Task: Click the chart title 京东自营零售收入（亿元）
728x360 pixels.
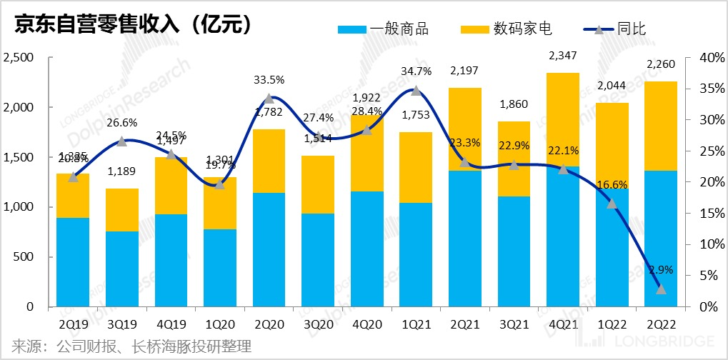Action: (129, 24)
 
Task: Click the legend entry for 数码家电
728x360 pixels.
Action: (506, 29)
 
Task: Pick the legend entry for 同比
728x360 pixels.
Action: (615, 29)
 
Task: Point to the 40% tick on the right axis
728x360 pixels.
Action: (706, 57)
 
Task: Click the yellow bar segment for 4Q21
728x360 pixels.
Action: (563, 119)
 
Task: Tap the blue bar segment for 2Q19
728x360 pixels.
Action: (73, 262)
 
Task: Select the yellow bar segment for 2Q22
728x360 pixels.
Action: (662, 126)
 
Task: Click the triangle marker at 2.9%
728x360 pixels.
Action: (662, 289)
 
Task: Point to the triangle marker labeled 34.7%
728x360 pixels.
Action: (416, 91)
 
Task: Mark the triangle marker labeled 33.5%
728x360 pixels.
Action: (269, 99)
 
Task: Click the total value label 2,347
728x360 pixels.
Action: (563, 55)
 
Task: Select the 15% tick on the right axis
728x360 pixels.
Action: (706, 213)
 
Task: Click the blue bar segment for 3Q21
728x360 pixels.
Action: (514, 251)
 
